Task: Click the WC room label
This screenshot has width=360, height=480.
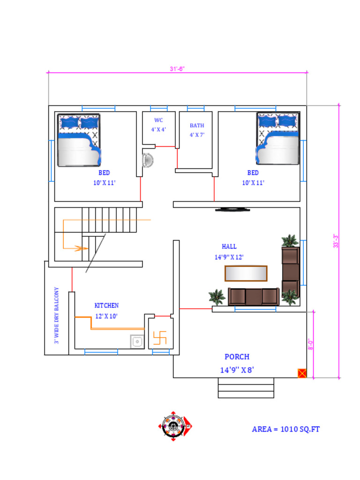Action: pos(158,120)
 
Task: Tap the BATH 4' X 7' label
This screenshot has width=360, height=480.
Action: pos(197,130)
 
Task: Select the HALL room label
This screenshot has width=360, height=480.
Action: pos(229,247)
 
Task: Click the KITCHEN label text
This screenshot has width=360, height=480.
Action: pos(106,306)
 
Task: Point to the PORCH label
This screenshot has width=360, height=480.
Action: pos(237,357)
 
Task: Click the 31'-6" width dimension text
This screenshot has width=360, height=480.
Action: pos(177,69)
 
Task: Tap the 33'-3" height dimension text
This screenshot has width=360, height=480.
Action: pos(336,241)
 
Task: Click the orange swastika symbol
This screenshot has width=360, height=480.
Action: pos(160,337)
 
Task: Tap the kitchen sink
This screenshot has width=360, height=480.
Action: pos(137,341)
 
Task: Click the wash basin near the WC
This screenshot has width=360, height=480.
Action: pos(148,160)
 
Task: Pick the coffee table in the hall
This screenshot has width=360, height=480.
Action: pos(246,273)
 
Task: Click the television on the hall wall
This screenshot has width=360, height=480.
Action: pos(232,210)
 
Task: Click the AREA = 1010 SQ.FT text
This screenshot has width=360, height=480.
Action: pos(285,429)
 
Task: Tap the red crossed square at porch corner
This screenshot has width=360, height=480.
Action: pos(302,373)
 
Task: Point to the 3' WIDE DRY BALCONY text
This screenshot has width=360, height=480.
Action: pos(56,315)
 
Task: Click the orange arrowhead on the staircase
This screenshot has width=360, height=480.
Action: pos(82,248)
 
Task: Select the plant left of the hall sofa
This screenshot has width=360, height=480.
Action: pos(217,297)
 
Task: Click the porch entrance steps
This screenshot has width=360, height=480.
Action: pos(246,388)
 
